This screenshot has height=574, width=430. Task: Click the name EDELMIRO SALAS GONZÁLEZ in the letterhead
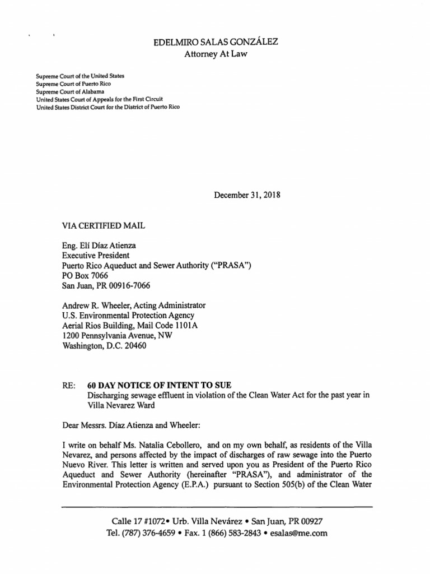[x=216, y=42]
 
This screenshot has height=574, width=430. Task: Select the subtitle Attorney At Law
[x=216, y=54]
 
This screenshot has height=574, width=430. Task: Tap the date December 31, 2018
[x=247, y=196]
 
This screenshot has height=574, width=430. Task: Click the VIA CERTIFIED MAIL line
[x=104, y=225]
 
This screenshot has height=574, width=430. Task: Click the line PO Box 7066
[x=85, y=275]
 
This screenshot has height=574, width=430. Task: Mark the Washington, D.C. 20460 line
[x=105, y=346]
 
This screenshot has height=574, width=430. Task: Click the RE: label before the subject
[x=69, y=385]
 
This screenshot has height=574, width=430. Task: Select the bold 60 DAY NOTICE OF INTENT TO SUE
[x=160, y=385]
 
